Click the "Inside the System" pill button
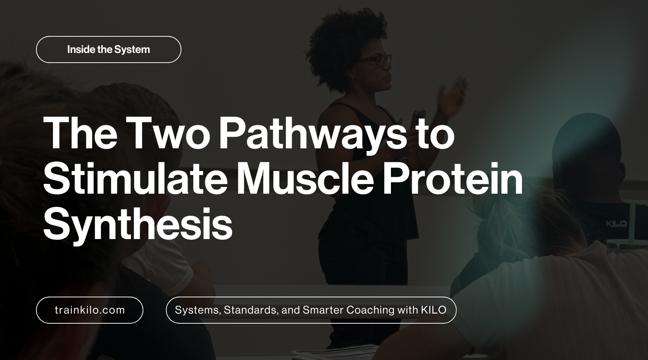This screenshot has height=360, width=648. click(x=108, y=50)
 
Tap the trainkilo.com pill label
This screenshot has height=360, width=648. click(x=90, y=310)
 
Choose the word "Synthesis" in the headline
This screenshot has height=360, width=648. click(x=138, y=225)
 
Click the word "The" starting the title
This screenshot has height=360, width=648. click(x=80, y=134)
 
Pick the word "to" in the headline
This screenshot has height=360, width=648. click(x=436, y=134)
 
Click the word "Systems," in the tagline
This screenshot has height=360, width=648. click(x=198, y=310)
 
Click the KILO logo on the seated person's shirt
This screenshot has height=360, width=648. click(x=616, y=224)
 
